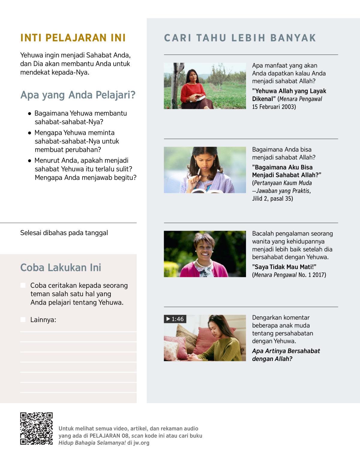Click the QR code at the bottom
(36, 428)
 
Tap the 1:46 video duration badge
(175, 319)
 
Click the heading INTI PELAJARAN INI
(73, 38)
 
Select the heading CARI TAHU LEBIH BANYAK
(240, 38)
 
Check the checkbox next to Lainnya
(23, 320)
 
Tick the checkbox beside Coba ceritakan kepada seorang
(23, 285)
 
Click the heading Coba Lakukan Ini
(61, 267)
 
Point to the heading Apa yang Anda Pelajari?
(78, 95)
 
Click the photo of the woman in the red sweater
(205, 86)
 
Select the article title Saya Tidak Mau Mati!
(284, 267)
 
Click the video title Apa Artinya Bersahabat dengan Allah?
(286, 355)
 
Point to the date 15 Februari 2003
(274, 107)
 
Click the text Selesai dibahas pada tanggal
(64, 233)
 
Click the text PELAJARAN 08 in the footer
(109, 436)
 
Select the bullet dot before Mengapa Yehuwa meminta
(29, 133)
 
